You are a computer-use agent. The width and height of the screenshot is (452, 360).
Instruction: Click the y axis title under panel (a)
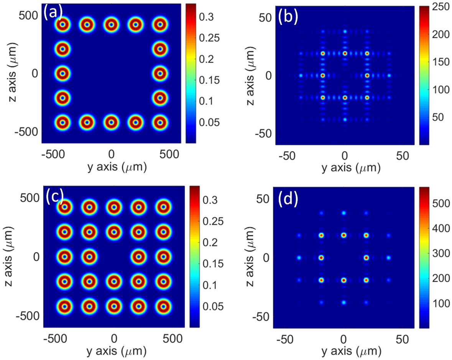(111, 167)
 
